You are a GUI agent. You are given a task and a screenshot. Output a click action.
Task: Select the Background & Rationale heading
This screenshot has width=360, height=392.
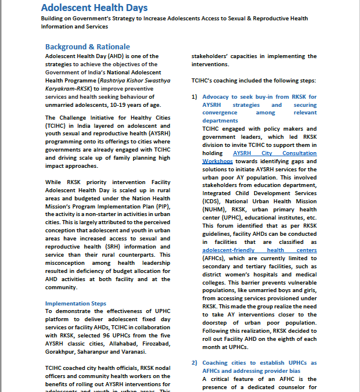click(x=88, y=46)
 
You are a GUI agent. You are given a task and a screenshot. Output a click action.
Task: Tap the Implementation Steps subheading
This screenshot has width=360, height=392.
click(x=75, y=303)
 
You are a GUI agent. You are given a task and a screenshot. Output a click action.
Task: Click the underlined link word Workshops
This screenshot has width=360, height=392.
click(x=218, y=161)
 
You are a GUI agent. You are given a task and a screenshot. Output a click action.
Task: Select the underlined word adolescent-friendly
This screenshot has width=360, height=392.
click(x=221, y=250)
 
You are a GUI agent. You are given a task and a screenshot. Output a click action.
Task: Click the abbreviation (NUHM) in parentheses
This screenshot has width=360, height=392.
click(x=214, y=210)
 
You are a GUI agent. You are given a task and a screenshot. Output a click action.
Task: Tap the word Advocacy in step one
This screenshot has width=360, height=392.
click(x=218, y=96)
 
